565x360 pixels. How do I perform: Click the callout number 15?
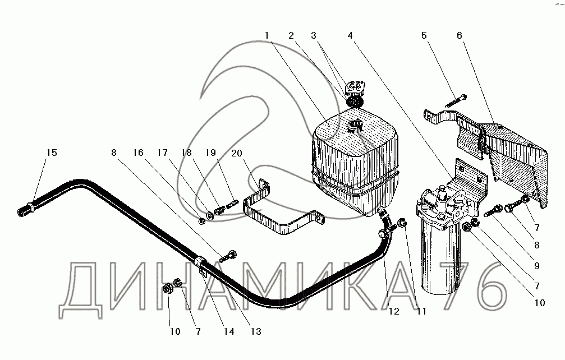click(x=52, y=153)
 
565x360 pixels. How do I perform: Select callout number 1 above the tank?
click(x=268, y=35)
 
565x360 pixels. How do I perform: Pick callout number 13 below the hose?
click(x=256, y=331)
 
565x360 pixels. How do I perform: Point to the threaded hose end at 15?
click(x=25, y=211)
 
